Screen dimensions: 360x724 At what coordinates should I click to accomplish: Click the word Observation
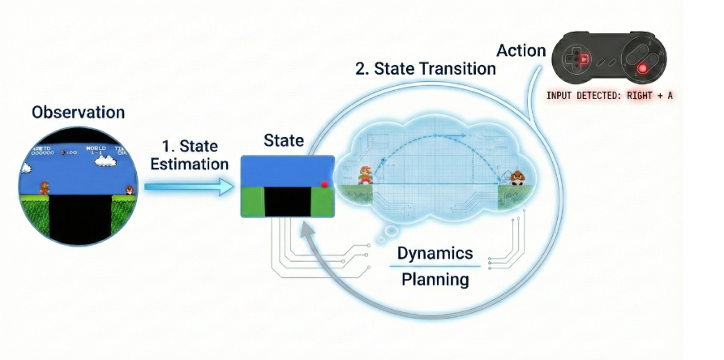(79, 112)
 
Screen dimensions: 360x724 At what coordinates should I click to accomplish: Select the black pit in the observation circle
(79, 221)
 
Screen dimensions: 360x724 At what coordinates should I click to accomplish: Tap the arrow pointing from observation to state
(187, 187)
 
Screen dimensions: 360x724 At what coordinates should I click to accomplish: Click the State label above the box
(283, 140)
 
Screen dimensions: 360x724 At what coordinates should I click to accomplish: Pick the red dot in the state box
(324, 185)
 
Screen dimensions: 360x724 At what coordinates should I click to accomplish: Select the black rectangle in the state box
(288, 203)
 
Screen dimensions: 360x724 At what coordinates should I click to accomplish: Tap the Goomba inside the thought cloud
(516, 178)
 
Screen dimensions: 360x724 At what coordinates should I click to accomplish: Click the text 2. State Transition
(426, 68)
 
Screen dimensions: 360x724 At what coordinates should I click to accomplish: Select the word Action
(521, 50)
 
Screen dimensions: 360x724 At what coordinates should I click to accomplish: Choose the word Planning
(436, 280)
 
